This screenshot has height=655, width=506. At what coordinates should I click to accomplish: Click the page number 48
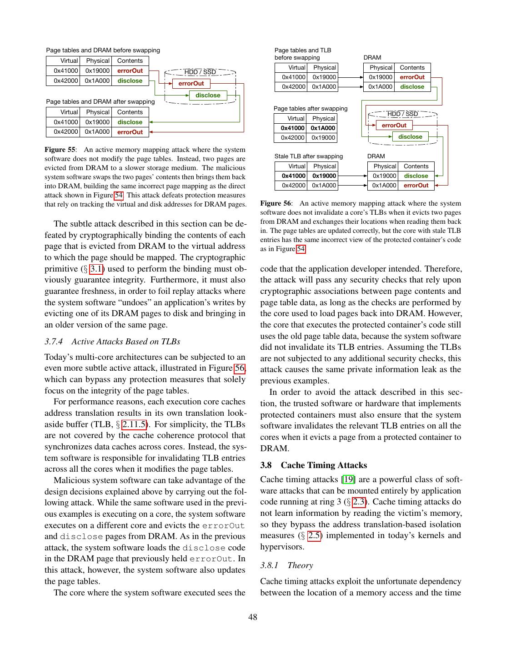(253, 617)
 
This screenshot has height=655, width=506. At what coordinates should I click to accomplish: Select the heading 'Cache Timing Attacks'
(324, 465)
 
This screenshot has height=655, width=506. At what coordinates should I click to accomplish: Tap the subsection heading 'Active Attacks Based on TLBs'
(125, 342)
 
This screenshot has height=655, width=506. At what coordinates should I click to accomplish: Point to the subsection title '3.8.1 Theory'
(286, 565)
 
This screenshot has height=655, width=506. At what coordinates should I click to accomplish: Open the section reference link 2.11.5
(134, 424)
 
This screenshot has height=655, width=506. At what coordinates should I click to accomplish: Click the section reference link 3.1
(96, 269)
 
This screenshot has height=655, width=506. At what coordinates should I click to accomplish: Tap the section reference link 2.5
(314, 535)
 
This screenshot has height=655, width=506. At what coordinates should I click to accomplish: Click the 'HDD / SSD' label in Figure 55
(200, 72)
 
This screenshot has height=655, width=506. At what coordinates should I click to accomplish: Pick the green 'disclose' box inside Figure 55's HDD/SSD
(208, 95)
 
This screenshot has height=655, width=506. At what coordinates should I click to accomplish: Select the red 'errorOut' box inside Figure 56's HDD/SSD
(394, 125)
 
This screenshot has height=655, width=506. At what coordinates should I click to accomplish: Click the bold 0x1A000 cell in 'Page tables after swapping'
(323, 128)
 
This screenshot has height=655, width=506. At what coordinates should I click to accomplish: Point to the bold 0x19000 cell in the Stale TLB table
(324, 176)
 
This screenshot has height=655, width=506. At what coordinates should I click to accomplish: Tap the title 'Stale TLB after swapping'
(309, 156)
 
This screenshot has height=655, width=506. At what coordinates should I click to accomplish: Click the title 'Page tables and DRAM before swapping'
(103, 50)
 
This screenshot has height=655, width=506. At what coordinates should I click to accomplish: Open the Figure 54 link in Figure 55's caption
(118, 195)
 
